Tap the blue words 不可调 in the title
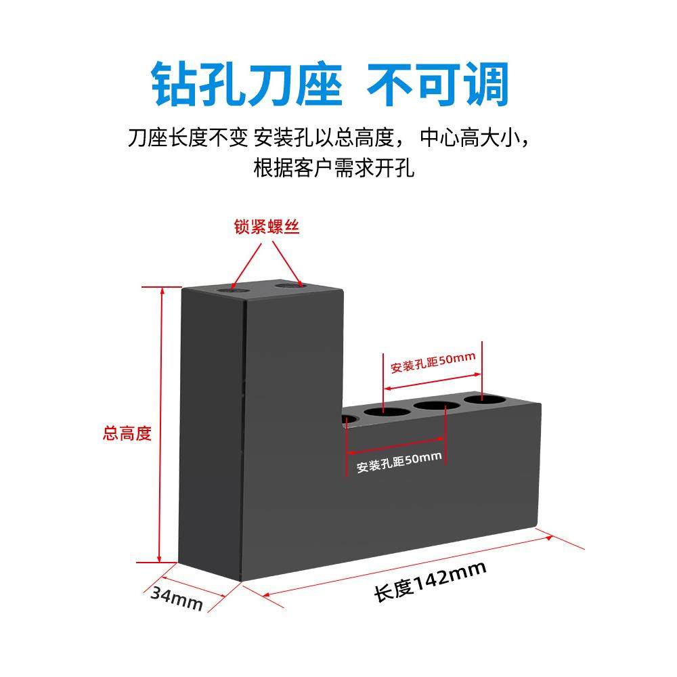[x=437, y=85]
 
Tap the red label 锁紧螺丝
[x=267, y=227]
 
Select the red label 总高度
[x=127, y=433]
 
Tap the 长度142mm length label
[x=430, y=582]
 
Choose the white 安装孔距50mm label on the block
[x=399, y=462]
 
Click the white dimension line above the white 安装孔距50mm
[x=396, y=447]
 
